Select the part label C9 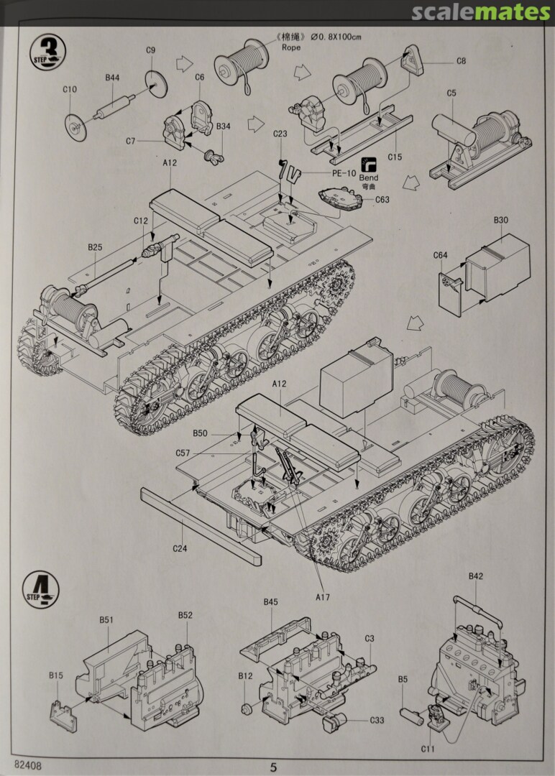pos(150,50)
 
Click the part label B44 pos(112,77)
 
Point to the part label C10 pos(69,90)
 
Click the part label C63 pos(382,200)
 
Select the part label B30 pos(500,221)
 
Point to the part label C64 pos(440,255)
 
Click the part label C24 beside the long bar pos(180,549)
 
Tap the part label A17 pos(323,596)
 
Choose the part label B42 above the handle pos(476,576)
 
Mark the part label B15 pos(56,675)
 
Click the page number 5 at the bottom pos(273,767)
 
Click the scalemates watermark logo pos(481,12)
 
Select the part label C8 pos(461,61)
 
